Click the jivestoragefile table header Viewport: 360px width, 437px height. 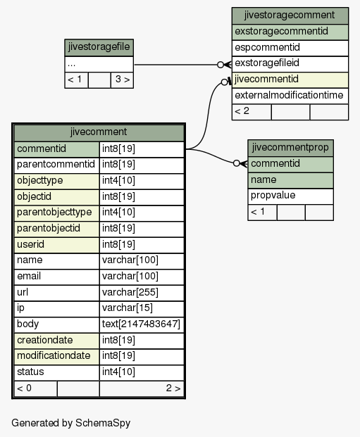click(x=99, y=48)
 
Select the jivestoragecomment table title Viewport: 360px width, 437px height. click(x=290, y=15)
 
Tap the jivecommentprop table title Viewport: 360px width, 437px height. click(x=290, y=148)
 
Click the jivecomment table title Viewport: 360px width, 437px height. click(x=99, y=132)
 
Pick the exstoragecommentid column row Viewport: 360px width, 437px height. click(x=290, y=32)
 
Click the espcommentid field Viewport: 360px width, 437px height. click(x=290, y=48)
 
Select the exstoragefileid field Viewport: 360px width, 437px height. click(x=290, y=64)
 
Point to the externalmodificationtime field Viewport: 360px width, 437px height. click(x=290, y=96)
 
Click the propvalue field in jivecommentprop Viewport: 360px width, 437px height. click(x=290, y=196)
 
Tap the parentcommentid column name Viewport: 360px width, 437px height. click(x=56, y=165)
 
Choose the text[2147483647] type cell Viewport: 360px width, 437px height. click(x=142, y=324)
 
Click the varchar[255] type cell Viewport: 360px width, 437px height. click(x=142, y=293)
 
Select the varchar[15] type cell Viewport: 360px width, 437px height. click(x=142, y=308)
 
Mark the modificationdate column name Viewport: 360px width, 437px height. click(x=56, y=357)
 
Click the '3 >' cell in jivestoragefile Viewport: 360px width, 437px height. click(x=123, y=80)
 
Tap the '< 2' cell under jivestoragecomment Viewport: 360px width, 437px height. click(x=252, y=112)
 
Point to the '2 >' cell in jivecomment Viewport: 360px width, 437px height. click(x=142, y=388)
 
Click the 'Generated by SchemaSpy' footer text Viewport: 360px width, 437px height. click(x=71, y=423)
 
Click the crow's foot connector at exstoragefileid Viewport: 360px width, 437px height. click(x=225, y=65)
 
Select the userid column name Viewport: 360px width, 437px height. click(x=56, y=245)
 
